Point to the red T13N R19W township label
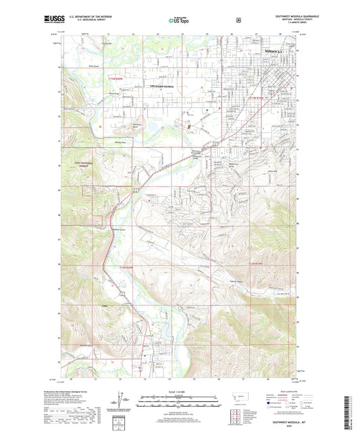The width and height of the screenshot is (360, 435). tap(257, 99)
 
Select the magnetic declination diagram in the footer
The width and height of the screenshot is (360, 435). tap(122, 401)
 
